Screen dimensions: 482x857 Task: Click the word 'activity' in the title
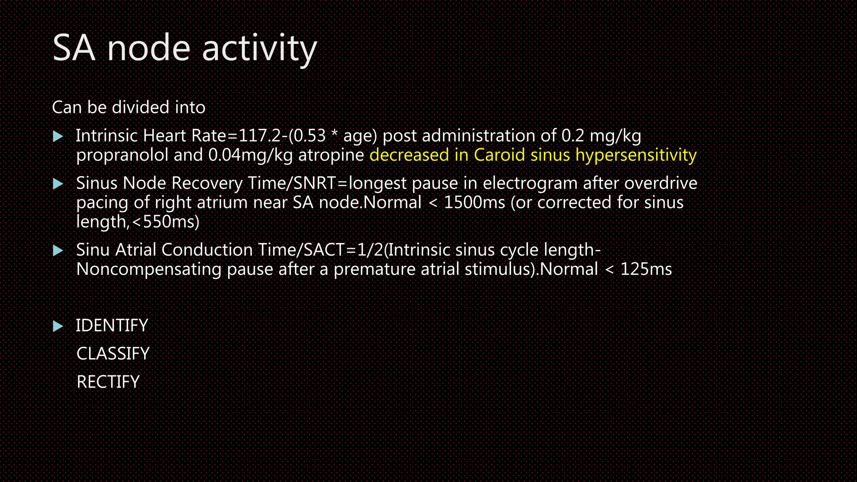click(259, 49)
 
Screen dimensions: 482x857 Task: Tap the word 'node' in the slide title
click(149, 49)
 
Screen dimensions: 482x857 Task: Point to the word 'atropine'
click(331, 155)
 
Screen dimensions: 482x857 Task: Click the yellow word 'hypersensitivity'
click(636, 155)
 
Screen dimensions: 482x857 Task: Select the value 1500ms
click(474, 203)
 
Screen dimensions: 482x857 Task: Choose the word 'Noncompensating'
click(149, 269)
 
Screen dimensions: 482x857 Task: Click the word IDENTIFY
click(112, 326)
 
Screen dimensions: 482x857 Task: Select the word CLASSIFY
click(113, 354)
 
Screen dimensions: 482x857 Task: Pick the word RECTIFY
click(108, 382)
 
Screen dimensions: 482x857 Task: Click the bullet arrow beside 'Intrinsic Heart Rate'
click(58, 136)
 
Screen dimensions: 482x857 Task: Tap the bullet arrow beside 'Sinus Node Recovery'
click(58, 184)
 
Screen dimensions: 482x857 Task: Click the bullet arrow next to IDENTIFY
click(58, 326)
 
